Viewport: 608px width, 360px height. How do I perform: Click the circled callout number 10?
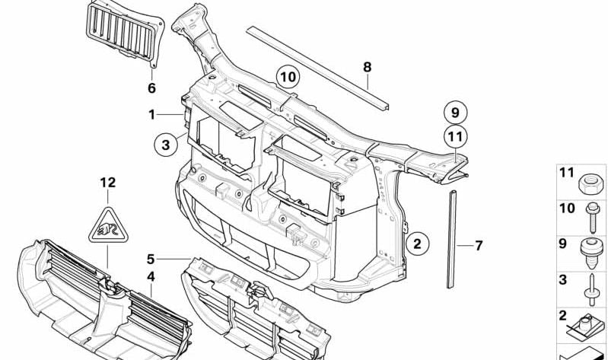(x=288, y=77)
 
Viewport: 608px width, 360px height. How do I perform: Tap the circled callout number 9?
(x=455, y=113)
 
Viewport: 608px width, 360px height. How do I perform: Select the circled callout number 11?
(x=455, y=136)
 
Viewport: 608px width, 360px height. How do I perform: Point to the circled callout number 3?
(x=166, y=145)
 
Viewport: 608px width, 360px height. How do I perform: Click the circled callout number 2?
(x=417, y=244)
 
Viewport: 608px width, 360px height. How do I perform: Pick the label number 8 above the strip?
(x=368, y=67)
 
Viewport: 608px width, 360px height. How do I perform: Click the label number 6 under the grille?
(x=151, y=88)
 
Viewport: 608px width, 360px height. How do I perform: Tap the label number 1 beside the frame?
(x=151, y=114)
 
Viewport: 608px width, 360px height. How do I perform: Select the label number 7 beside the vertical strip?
(x=479, y=246)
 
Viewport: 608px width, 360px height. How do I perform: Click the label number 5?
(x=151, y=259)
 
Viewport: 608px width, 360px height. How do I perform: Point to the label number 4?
(x=151, y=276)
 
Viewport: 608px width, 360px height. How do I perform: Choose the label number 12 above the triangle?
(x=108, y=183)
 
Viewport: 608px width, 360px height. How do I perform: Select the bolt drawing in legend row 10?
(x=592, y=217)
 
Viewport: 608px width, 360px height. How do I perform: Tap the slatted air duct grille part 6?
(x=125, y=33)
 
